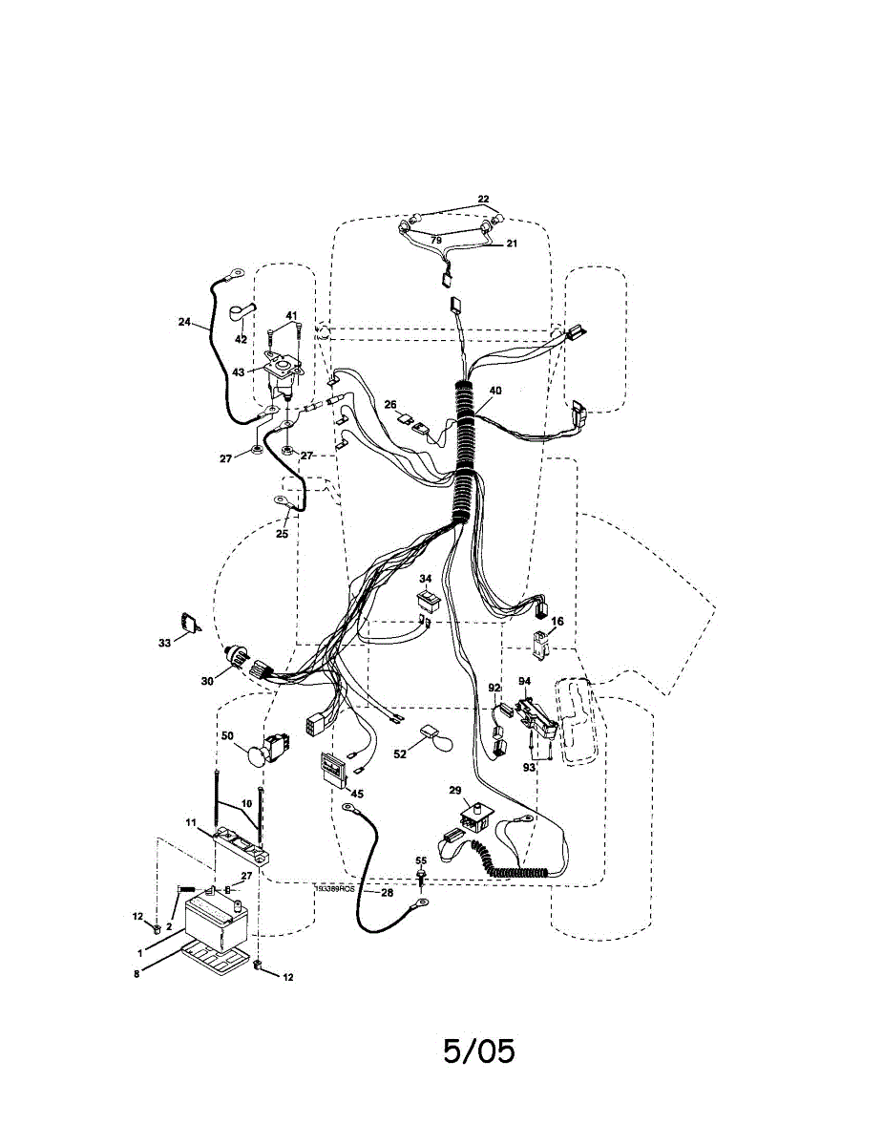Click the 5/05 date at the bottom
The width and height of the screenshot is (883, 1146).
coord(478,1050)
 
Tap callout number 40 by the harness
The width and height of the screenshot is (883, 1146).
coord(494,391)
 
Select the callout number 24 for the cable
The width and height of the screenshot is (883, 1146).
coord(184,322)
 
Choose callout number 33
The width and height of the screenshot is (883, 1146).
coord(164,644)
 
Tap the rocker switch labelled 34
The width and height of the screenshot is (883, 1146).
coord(427,601)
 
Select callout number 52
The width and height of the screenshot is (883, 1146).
coord(400,753)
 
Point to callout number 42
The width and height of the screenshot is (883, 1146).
coord(241,338)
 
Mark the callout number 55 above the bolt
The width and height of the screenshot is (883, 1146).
coord(421,860)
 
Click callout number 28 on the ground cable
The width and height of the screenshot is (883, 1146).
coord(387,893)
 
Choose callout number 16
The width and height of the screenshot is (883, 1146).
coord(557,621)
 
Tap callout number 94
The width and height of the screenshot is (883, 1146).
coord(524,681)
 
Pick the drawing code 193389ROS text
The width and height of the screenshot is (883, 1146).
coord(335,888)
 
